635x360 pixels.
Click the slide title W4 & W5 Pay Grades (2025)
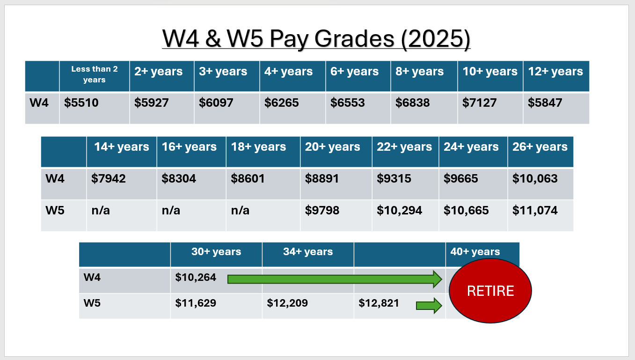click(316, 39)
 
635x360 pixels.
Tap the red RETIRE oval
click(490, 291)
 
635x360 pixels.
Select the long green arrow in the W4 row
click(335, 279)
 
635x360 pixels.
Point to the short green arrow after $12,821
click(429, 306)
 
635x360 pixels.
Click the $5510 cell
click(81, 103)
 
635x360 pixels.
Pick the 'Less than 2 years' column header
click(95, 74)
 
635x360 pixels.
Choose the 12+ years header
click(555, 72)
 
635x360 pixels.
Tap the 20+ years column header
click(333, 147)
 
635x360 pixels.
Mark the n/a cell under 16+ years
click(171, 211)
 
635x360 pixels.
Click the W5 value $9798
click(322, 211)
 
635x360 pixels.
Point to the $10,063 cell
click(535, 178)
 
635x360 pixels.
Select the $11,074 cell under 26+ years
click(535, 211)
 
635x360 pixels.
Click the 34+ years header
click(308, 252)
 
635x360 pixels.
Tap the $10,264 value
click(196, 278)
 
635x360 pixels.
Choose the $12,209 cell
click(287, 303)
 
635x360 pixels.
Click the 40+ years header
click(475, 252)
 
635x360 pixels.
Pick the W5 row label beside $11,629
click(92, 303)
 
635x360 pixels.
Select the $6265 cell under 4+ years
click(282, 103)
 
